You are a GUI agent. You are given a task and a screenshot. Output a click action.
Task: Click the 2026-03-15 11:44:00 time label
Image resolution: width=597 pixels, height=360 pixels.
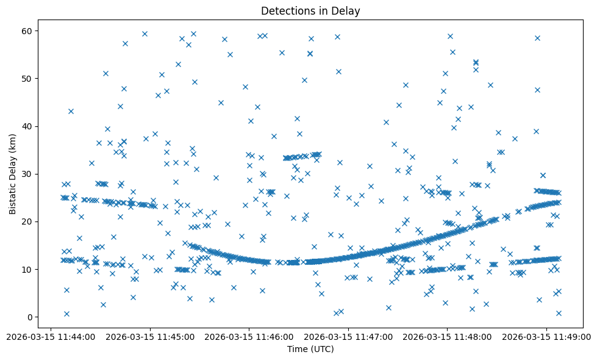(51, 336)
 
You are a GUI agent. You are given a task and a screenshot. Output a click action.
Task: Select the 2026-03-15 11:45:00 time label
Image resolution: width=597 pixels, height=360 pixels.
(150, 336)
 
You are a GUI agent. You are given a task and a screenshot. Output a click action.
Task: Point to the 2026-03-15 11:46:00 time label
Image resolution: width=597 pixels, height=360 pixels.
(249, 336)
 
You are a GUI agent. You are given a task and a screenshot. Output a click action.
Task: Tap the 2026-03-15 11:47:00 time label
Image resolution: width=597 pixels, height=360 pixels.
(348, 336)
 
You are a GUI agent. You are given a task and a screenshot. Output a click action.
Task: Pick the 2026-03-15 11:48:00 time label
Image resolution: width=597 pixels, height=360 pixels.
(447, 336)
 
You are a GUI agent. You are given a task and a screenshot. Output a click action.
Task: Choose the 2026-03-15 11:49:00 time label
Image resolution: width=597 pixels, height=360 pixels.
(546, 336)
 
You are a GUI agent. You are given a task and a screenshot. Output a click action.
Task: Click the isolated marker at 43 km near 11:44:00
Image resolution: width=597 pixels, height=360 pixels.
(71, 111)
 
